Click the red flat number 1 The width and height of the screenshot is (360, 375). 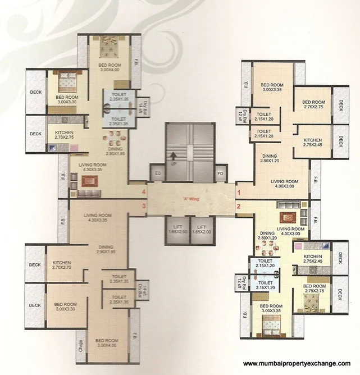point(239,193)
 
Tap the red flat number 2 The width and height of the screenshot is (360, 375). point(239,207)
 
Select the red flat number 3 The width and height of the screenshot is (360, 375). point(144,207)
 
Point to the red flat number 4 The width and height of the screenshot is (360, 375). point(144,193)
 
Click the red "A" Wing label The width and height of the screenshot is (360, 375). point(192,199)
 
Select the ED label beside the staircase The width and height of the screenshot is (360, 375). point(158,173)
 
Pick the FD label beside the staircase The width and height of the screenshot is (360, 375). point(221,173)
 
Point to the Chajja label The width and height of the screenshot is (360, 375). point(82,341)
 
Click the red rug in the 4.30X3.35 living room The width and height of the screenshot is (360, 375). point(88,181)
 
